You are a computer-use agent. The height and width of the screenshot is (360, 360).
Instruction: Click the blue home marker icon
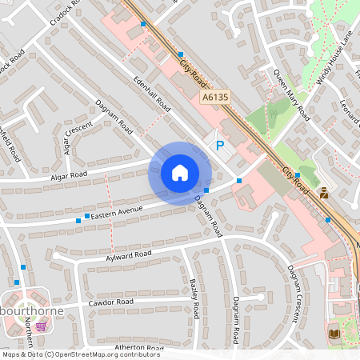[x=180, y=173]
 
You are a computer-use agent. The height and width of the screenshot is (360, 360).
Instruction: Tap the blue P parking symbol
[x=219, y=146]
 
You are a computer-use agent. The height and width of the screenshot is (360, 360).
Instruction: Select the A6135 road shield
[x=216, y=98]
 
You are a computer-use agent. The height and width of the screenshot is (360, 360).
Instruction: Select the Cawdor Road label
[x=111, y=302]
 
